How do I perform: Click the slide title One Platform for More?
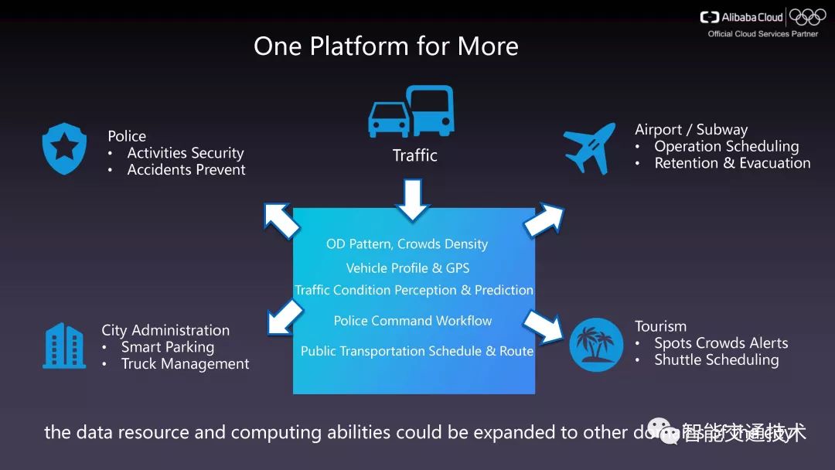(x=386, y=46)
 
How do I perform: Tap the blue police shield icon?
(x=64, y=149)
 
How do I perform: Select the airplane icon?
(x=589, y=147)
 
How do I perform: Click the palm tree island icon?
(x=596, y=345)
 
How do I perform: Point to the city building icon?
(x=64, y=346)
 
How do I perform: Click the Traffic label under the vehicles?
(x=414, y=155)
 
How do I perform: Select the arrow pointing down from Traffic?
(x=412, y=199)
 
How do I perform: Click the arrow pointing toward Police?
(x=280, y=220)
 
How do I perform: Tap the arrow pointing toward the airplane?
(x=544, y=220)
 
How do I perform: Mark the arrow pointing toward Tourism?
(x=544, y=325)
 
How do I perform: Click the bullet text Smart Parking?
(x=168, y=347)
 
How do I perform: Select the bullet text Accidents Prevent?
(x=186, y=170)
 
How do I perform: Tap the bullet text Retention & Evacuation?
(x=732, y=163)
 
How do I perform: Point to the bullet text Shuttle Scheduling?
(x=716, y=360)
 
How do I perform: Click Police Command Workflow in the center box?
(x=413, y=321)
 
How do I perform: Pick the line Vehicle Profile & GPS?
(x=407, y=268)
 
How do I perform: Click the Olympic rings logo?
(x=807, y=17)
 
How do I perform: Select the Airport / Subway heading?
(x=691, y=130)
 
